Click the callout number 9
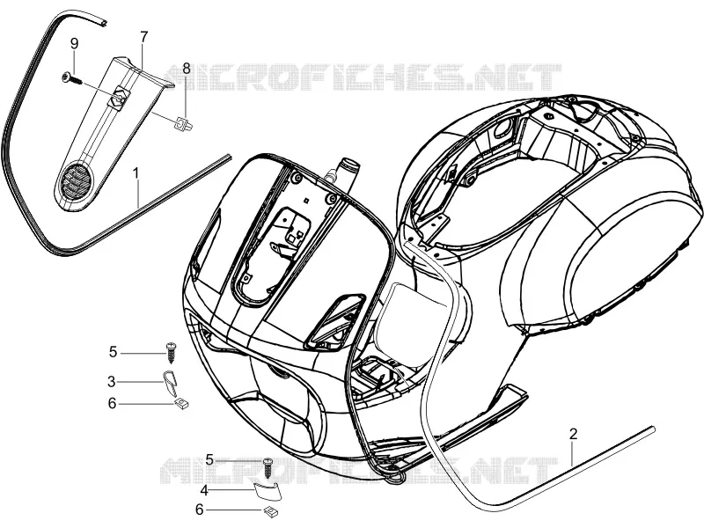click(x=74, y=43)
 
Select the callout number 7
click(x=143, y=37)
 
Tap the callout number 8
click(x=186, y=69)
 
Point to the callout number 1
click(x=136, y=172)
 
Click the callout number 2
click(x=573, y=434)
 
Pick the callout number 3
click(x=112, y=382)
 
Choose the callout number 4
click(x=204, y=491)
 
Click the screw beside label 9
click(x=72, y=80)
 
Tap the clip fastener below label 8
click(x=182, y=123)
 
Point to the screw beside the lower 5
click(x=268, y=467)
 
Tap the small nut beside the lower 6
click(x=270, y=511)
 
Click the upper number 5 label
click(x=113, y=352)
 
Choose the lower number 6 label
click(x=200, y=510)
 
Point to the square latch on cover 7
click(x=121, y=96)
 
